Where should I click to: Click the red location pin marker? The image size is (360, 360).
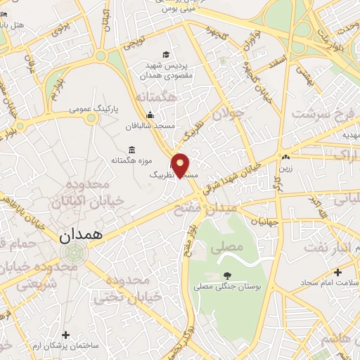tap(181, 165)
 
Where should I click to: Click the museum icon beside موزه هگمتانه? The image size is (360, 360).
tap(132, 149)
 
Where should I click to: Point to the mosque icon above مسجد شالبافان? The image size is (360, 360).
tap(150, 115)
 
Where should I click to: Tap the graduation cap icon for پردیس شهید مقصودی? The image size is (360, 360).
tap(165, 54)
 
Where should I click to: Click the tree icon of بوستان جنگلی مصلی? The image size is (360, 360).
tap(226, 276)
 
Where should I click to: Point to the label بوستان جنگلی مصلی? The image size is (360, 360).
tap(227, 288)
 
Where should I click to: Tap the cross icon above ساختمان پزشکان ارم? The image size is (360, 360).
tap(66, 335)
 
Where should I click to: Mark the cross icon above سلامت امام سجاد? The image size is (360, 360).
tap(338, 271)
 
